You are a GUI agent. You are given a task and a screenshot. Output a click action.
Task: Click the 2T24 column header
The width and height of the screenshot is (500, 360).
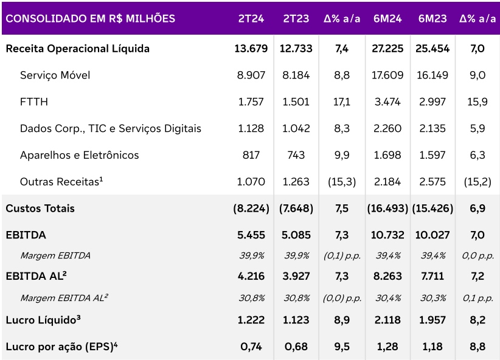[251, 18]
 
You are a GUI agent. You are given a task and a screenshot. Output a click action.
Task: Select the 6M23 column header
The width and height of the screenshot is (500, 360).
[433, 18]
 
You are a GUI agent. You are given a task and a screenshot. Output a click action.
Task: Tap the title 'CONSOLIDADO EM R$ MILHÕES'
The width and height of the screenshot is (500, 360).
[90, 18]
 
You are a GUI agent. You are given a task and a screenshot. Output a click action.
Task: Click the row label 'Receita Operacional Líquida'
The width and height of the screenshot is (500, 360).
[77, 49]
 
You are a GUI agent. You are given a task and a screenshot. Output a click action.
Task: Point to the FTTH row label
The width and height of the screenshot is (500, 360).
[33, 102]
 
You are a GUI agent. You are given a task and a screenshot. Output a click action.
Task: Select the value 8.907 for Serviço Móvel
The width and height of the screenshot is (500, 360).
[251, 75]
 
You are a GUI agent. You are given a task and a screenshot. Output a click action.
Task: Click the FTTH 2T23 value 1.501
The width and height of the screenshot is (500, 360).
[296, 102]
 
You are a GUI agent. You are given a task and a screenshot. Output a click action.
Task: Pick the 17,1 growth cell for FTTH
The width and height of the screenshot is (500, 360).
[341, 102]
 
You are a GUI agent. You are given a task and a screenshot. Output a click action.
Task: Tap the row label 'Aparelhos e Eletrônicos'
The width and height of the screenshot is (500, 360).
[79, 155]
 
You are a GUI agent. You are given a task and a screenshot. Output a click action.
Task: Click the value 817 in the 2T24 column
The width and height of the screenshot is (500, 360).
[251, 155]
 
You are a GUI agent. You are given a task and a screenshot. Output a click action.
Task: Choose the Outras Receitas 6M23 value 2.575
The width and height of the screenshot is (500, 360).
[433, 182]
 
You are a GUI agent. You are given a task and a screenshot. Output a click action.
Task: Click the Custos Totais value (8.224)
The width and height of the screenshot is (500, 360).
[251, 209]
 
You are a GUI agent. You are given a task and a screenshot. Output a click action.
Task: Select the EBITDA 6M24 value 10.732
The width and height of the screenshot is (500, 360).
[387, 235]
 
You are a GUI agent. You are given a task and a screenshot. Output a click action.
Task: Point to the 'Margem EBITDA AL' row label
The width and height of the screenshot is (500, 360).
[64, 298]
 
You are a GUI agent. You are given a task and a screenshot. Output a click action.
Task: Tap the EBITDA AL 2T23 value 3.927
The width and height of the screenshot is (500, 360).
[296, 276]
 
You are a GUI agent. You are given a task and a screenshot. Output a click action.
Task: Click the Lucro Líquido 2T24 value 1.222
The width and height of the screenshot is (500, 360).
[251, 320]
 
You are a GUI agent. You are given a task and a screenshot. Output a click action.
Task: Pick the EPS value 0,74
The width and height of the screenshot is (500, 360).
[251, 347]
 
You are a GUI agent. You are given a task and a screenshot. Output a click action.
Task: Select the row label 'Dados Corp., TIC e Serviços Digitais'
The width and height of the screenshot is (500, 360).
[110, 129]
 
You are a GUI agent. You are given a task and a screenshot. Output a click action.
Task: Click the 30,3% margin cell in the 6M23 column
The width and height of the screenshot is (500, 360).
[433, 298]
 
